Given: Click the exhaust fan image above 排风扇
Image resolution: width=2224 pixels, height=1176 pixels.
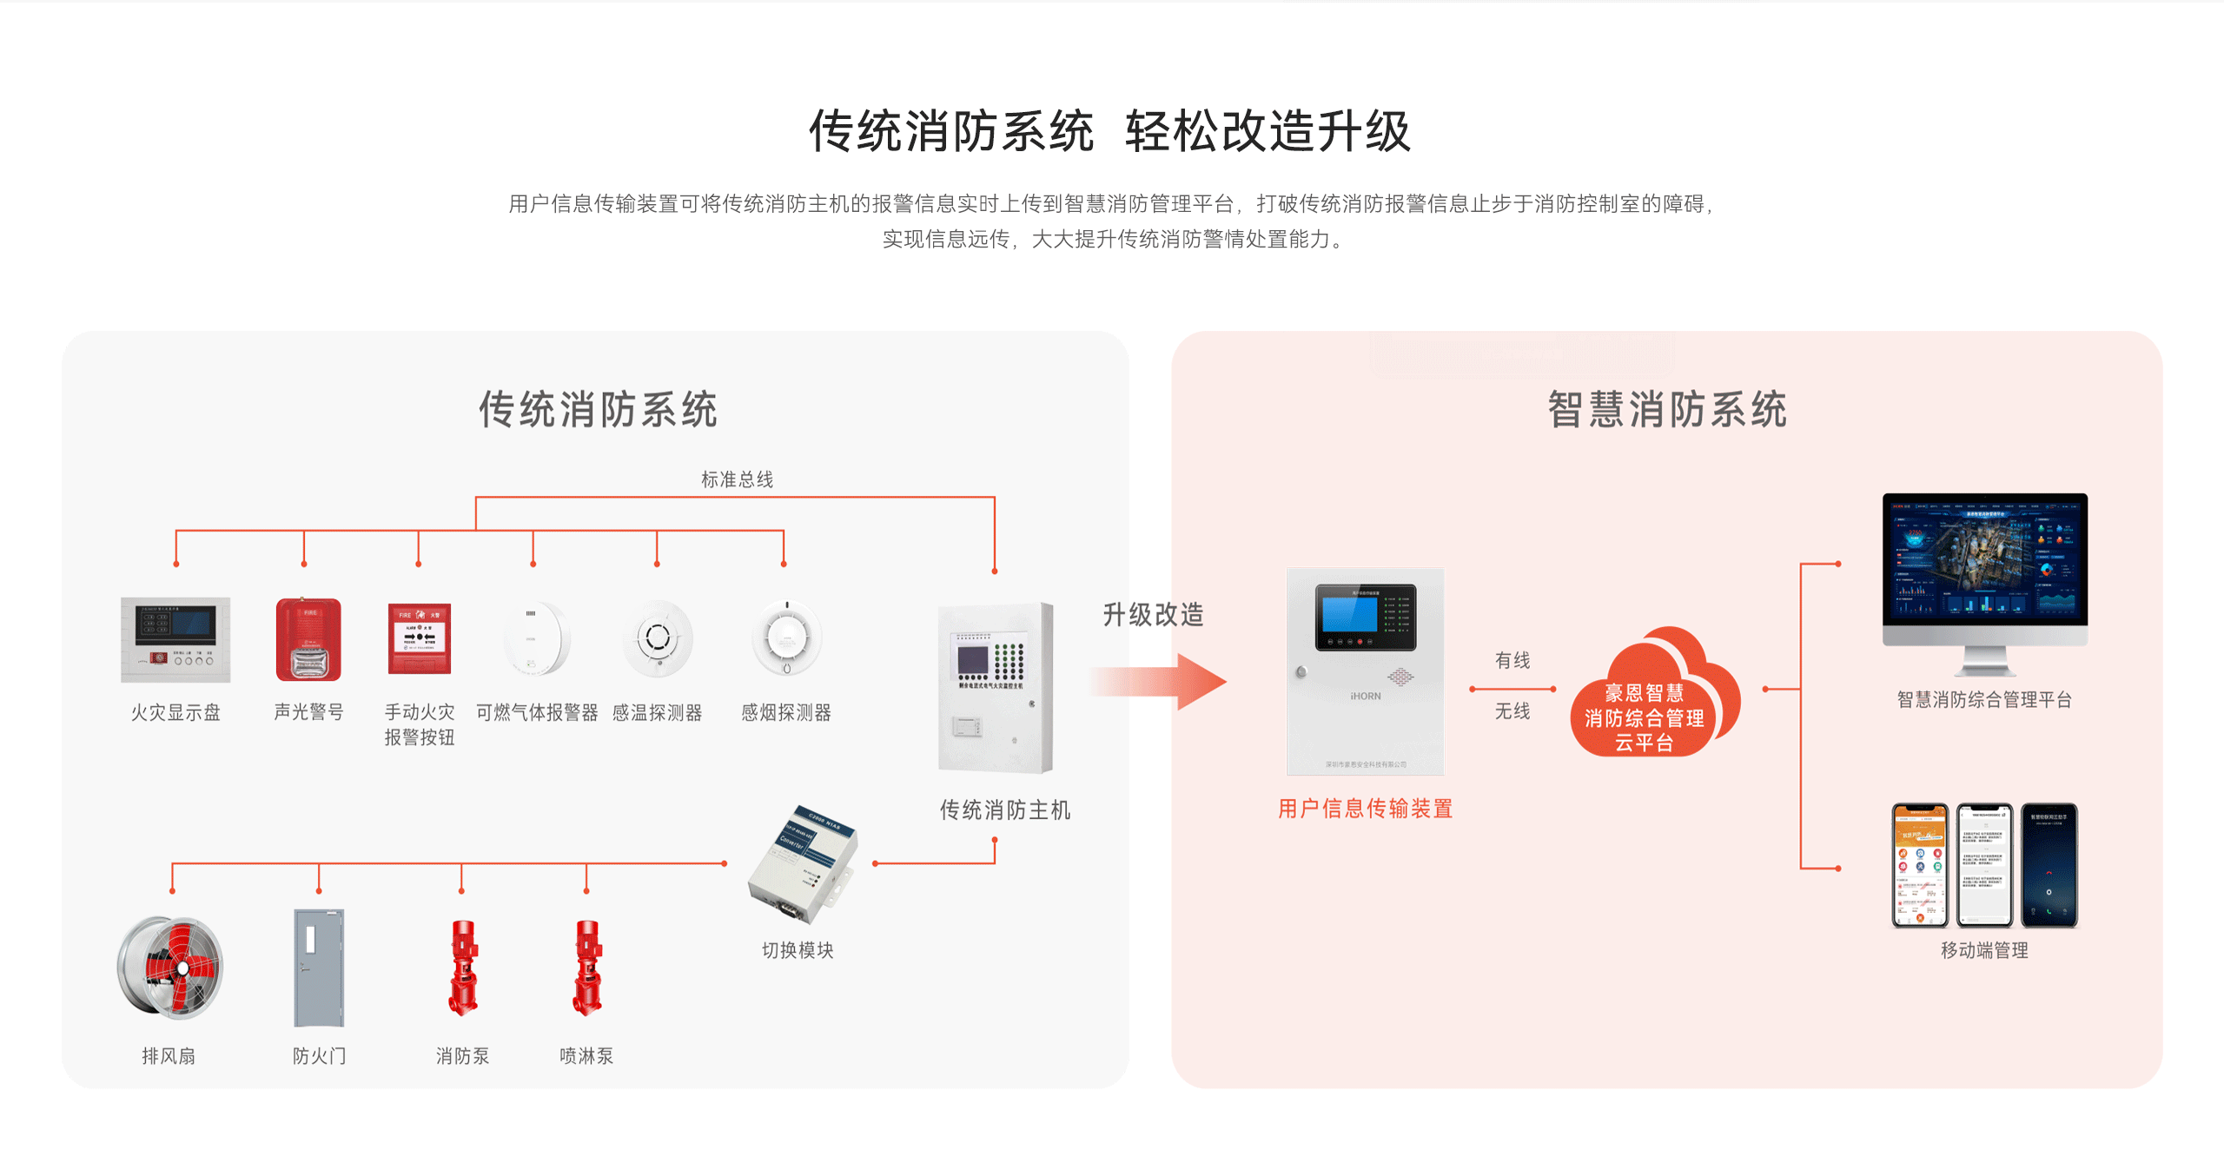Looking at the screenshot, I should click(x=170, y=967).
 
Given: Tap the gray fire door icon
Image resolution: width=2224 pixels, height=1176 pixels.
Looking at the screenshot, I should click(x=319, y=968).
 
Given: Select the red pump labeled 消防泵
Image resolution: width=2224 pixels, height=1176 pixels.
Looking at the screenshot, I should click(x=463, y=968).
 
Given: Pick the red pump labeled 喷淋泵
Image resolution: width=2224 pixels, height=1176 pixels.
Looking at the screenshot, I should click(x=587, y=968).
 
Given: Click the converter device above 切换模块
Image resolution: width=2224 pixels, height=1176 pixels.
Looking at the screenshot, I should click(x=802, y=863).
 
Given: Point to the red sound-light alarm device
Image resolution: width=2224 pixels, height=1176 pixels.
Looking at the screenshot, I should click(x=308, y=639).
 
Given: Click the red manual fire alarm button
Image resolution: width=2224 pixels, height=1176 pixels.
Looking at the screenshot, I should click(x=420, y=639).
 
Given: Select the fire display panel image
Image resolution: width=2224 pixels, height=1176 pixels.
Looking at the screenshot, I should click(x=175, y=639).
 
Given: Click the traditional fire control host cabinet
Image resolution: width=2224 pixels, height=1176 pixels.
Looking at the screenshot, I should click(x=996, y=687).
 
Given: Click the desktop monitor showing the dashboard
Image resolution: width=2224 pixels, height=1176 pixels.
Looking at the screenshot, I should click(x=1984, y=560).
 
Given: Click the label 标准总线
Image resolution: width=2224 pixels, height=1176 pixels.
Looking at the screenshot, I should click(x=737, y=479).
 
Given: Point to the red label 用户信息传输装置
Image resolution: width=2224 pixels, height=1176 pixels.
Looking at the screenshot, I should click(x=1365, y=809).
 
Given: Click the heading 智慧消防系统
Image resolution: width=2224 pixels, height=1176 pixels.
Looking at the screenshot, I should click(x=1666, y=410).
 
